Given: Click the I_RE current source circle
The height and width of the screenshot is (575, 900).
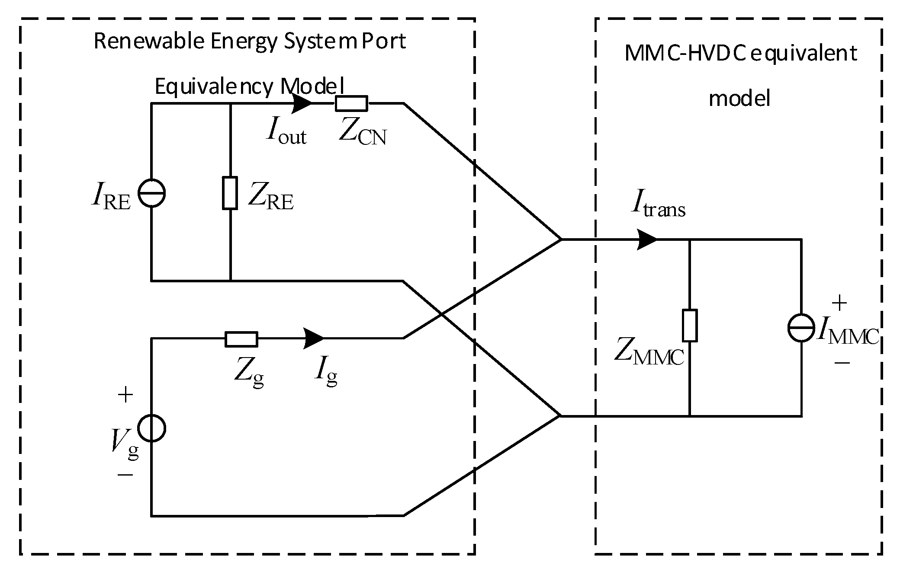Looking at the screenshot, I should click(151, 193).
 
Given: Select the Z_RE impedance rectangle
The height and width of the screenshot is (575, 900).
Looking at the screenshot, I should click(230, 193).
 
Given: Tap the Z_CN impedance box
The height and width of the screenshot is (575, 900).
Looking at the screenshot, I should click(351, 103).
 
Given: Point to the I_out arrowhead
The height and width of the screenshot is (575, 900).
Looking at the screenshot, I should click(302, 103).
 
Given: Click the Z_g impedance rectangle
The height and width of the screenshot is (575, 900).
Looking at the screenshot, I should click(241, 339).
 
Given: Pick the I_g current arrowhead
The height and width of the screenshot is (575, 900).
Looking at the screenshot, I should click(313, 339).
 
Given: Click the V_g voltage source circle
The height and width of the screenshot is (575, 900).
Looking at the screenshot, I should click(151, 428).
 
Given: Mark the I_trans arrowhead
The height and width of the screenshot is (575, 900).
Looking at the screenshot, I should click(647, 239).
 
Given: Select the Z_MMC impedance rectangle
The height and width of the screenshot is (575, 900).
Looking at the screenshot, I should click(690, 325).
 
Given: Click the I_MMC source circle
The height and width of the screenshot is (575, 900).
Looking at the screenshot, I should click(801, 327).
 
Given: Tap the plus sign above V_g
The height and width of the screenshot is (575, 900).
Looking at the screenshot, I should click(125, 395).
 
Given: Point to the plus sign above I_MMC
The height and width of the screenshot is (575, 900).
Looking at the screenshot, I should click(839, 303).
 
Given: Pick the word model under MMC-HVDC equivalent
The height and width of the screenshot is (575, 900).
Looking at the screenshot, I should click(739, 99).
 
